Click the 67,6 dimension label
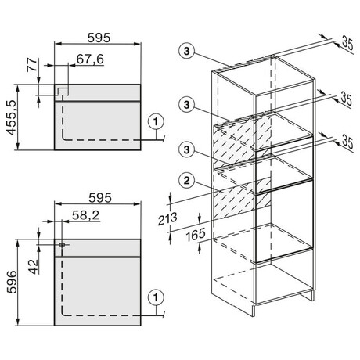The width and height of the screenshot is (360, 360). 90,59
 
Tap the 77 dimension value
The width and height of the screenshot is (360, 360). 32,65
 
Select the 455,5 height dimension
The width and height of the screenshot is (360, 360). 12,117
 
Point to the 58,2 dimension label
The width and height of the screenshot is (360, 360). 86,215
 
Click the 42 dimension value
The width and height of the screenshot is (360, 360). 34,267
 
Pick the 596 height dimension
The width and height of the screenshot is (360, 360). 12,282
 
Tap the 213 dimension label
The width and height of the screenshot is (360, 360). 167,218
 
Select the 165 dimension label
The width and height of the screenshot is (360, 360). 196,235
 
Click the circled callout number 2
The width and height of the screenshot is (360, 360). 186,181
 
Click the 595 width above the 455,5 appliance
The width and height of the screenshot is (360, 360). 99,38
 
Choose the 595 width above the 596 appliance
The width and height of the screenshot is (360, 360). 100,198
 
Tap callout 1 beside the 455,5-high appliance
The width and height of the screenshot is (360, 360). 156,121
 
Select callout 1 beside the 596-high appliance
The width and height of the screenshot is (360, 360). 156,297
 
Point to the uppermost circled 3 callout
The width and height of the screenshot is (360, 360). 186,51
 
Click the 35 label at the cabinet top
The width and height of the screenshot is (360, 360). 347,43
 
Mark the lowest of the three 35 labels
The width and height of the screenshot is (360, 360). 347,142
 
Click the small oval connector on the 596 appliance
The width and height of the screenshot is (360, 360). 62,245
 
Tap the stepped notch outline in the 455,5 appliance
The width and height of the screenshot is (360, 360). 63,91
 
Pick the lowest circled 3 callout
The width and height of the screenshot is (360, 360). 186,149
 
